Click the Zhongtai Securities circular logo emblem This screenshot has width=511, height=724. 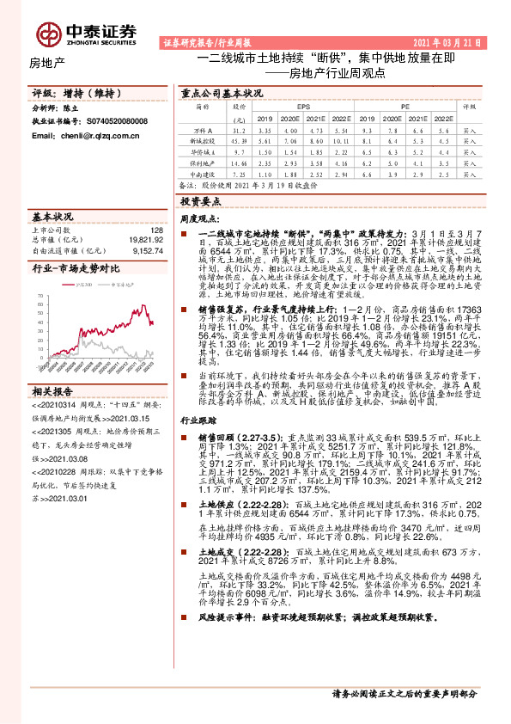click(48, 33)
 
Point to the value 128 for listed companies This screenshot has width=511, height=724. click(155, 230)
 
